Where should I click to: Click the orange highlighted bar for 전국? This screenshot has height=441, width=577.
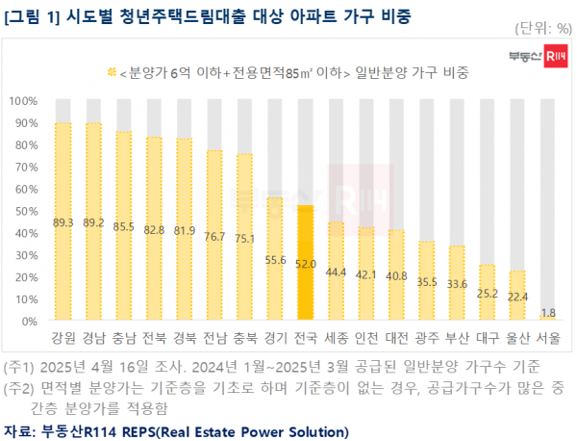(306, 262)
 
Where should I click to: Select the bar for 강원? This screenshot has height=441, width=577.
(63, 221)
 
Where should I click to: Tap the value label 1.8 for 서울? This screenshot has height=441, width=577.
(547, 312)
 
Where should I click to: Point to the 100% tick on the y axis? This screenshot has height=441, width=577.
(23, 100)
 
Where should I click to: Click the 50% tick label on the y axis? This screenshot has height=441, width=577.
(25, 210)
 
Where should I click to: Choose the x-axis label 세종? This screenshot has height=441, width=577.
(337, 339)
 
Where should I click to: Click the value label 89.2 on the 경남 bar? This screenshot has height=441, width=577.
(93, 221)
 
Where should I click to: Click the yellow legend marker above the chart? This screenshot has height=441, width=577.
(112, 72)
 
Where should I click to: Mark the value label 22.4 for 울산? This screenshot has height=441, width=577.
(516, 296)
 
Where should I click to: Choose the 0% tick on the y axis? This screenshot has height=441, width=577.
(29, 321)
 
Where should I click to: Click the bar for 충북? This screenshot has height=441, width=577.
(245, 237)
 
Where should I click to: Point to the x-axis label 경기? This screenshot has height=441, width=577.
(275, 339)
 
